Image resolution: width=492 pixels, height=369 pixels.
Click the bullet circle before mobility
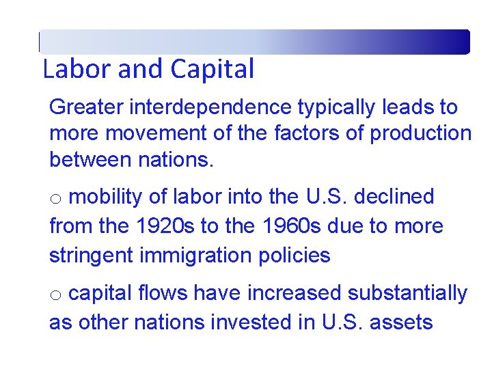coord(57,199)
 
